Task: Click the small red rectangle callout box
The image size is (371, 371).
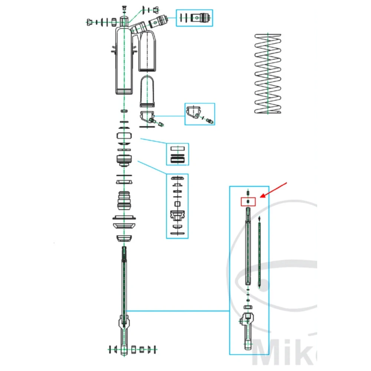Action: tap(248, 202)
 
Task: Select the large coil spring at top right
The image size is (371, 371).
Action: tap(268, 74)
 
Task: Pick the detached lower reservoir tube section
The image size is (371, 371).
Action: tap(148, 91)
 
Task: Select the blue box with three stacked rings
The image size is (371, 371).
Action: tap(177, 154)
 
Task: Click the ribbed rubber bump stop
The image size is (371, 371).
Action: tap(125, 201)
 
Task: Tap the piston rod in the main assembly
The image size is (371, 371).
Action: tap(124, 282)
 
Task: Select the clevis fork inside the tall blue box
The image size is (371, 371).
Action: tap(248, 326)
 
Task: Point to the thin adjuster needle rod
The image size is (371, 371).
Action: tap(259, 252)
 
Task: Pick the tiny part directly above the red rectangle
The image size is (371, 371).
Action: tap(248, 193)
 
